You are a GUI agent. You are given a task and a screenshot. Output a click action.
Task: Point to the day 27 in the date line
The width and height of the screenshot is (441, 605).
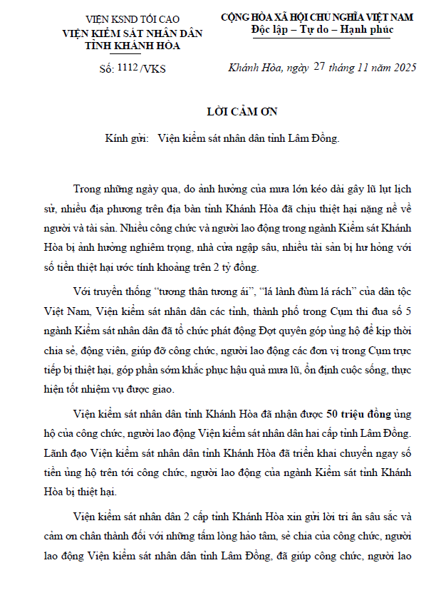coord(318,67)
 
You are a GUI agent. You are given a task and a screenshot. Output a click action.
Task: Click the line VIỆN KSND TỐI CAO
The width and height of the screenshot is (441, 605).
coord(122,19)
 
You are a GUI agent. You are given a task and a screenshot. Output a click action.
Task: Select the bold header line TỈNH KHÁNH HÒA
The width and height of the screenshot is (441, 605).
coord(122,45)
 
